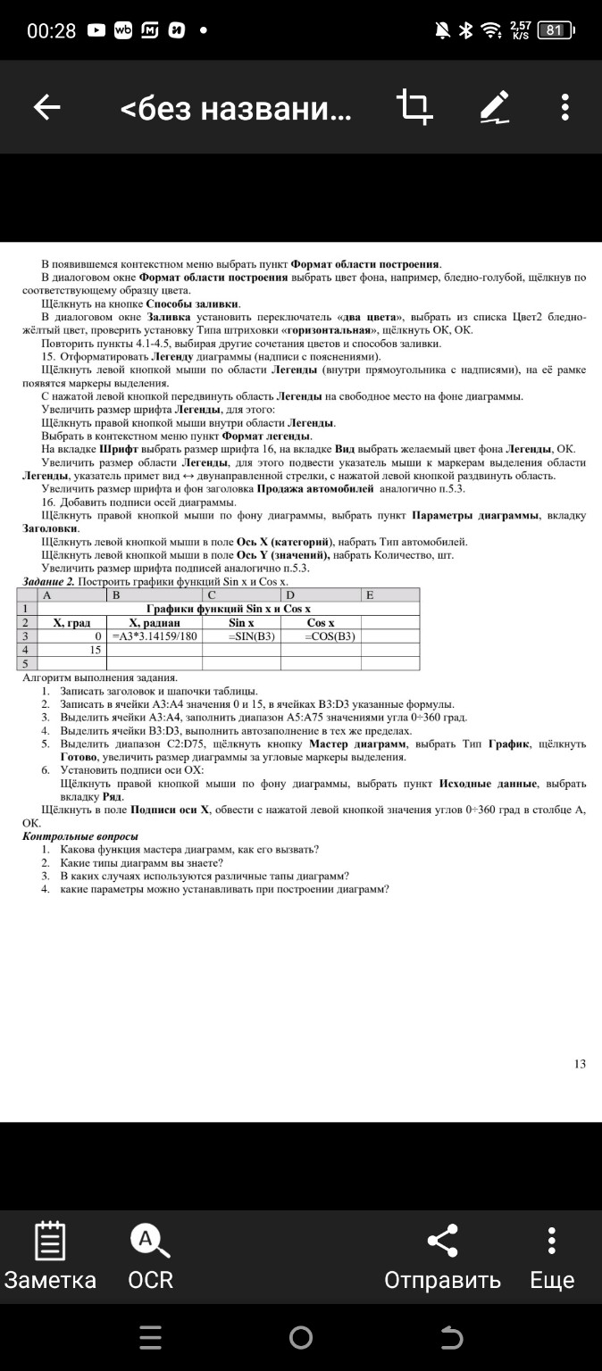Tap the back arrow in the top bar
pos(46,108)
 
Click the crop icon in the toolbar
pos(415,107)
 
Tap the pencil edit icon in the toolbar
pos(494,107)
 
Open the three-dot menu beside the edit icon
pos(565,108)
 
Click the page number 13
pos(580,1063)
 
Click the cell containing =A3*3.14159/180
pos(155,636)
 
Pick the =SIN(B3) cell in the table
pos(242,636)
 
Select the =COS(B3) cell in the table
pos(321,636)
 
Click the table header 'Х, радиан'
pos(155,622)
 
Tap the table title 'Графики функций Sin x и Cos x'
pos(221,609)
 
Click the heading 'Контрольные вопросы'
pos(79,836)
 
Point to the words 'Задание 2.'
pos(47,582)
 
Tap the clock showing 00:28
pos(52,30)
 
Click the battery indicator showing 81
pos(555,30)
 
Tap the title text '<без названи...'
pos(236,109)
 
